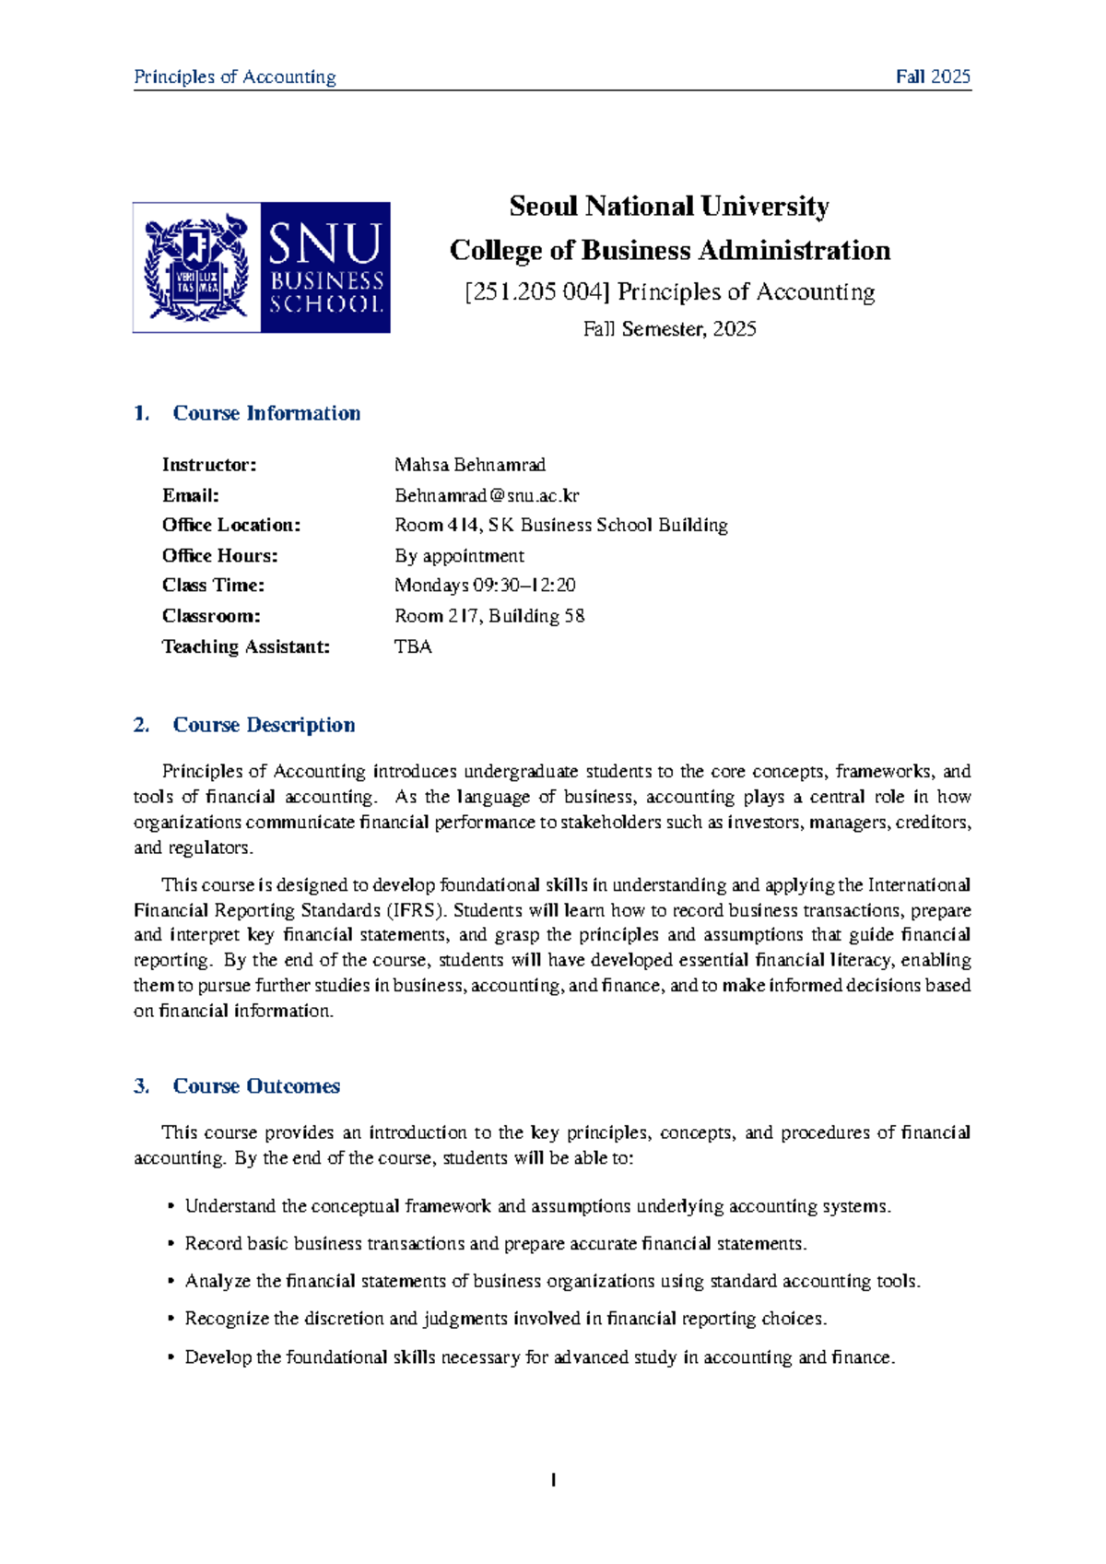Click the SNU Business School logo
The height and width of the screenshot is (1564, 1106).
coord(261,267)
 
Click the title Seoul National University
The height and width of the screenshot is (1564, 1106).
coord(669,206)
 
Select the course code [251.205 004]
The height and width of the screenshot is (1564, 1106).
coord(537,292)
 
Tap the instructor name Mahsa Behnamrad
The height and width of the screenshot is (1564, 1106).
coord(469,465)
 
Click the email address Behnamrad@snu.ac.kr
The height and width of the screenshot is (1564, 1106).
coord(487,495)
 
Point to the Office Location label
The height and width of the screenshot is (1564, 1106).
coord(231,526)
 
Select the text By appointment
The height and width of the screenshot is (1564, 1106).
coord(459,556)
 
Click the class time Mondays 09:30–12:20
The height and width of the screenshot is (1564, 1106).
coord(485,586)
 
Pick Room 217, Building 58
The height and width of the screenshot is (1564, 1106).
coord(488,616)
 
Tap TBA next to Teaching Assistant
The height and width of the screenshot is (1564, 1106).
coord(413,646)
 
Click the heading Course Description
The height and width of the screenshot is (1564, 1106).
coord(264,725)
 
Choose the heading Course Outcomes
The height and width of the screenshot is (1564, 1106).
coord(256,1086)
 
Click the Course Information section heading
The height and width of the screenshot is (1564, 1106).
coord(266,413)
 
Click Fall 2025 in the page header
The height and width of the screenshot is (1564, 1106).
coord(933,77)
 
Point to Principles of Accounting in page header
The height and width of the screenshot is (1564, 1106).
coord(235,77)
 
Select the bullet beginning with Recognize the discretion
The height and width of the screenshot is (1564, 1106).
coord(505,1319)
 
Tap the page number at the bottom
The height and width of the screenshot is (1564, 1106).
coord(553,1480)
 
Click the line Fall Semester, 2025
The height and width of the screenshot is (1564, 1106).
coord(669,329)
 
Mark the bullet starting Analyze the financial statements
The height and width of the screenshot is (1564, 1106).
coord(552,1281)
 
